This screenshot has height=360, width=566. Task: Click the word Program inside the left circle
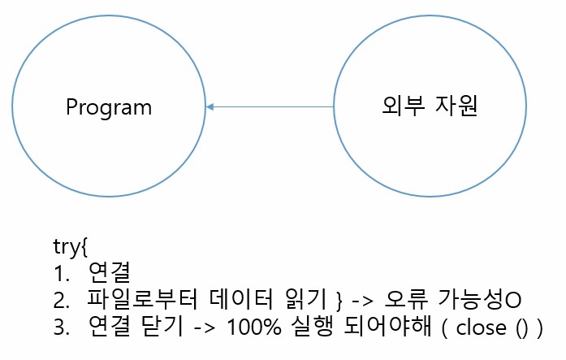point(109,107)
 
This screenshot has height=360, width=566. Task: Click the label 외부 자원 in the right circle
point(430,106)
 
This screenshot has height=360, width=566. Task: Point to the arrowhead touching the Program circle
point(210,106)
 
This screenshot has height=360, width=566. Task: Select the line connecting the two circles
point(271,106)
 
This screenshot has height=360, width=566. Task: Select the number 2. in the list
point(61,299)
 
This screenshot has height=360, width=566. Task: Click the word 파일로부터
point(134,299)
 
